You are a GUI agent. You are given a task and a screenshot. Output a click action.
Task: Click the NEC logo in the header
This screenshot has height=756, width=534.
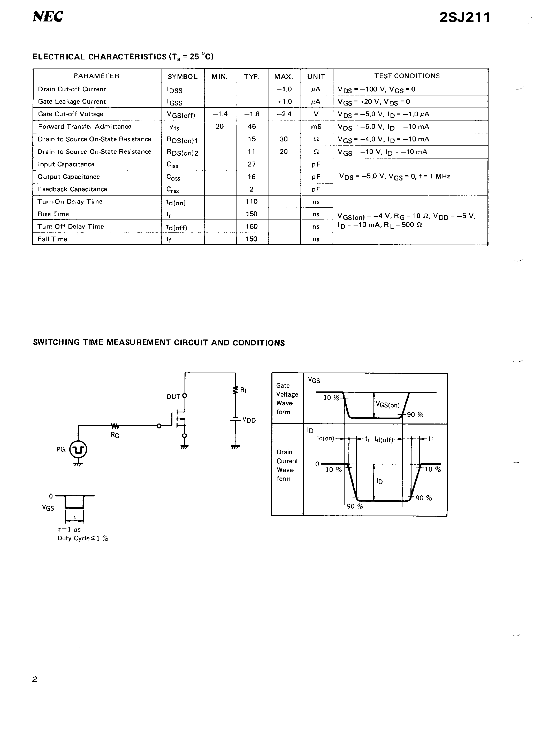(48, 17)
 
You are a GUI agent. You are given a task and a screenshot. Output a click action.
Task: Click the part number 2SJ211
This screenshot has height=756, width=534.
(464, 17)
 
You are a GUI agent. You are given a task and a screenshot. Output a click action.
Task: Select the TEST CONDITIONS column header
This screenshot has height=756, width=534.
(407, 76)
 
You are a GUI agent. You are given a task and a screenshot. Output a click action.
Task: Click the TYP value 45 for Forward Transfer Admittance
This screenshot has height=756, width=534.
(252, 126)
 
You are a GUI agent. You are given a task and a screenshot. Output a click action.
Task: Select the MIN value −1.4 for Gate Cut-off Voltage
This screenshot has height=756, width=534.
(220, 114)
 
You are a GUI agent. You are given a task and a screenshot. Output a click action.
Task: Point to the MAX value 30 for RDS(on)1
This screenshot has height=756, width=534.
(284, 139)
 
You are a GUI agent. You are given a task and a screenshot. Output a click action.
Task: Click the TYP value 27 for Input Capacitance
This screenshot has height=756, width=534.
(252, 164)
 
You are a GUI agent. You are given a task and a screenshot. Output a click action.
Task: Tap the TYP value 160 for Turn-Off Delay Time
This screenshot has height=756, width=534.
(252, 226)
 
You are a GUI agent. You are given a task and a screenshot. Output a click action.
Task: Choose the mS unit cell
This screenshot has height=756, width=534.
(316, 126)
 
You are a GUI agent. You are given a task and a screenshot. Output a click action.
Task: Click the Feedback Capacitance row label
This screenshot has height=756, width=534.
(72, 189)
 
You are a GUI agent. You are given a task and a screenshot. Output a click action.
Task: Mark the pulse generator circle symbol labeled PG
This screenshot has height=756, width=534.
(78, 449)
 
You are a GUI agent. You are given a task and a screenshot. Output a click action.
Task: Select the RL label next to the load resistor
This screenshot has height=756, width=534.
(244, 390)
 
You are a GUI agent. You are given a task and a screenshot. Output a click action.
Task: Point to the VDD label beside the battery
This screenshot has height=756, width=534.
(249, 420)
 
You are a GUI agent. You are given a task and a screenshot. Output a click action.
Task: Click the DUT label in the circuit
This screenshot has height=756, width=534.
(173, 397)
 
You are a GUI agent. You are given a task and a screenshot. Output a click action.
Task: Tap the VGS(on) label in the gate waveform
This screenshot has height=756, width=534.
(387, 405)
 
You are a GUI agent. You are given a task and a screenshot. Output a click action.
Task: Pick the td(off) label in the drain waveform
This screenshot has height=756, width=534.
(384, 440)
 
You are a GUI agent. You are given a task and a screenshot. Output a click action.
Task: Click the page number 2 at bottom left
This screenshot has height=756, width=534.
(35, 679)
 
